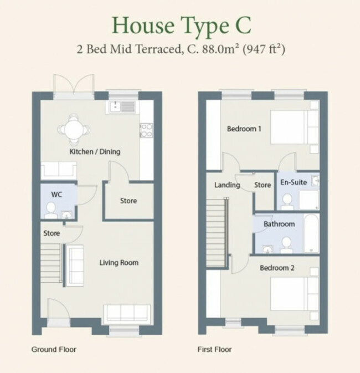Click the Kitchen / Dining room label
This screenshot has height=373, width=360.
[95, 152]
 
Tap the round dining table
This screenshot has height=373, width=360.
[74, 130]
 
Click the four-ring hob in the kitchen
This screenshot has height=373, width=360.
[146, 130]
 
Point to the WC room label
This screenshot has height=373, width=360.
[56, 195]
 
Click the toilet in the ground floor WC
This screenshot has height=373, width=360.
[51, 210]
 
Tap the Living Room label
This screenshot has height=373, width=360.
[119, 263]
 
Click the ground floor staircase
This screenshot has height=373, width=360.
[50, 263]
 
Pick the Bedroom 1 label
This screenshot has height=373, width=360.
[244, 129]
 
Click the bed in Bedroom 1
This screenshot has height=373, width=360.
[295, 127]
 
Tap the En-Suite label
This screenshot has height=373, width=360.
[294, 182]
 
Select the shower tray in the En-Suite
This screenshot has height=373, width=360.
[308, 200]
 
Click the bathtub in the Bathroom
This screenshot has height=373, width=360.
[311, 233]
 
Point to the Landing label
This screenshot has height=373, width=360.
[227, 185]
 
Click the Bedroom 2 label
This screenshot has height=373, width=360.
[277, 268]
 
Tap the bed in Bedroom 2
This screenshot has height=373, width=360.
[295, 294]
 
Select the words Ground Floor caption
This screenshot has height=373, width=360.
[54, 350]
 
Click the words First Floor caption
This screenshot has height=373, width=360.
[214, 350]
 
